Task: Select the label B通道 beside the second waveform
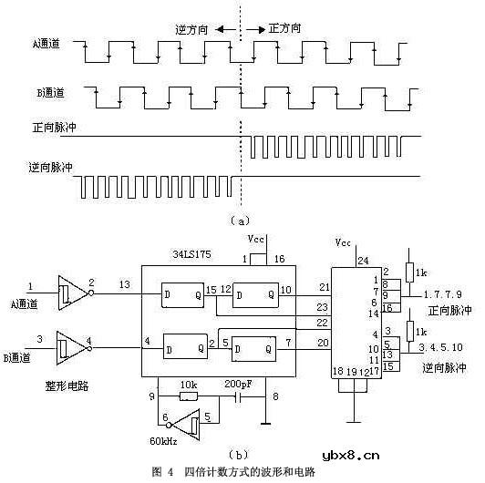click(43, 94)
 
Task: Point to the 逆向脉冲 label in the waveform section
click(51, 168)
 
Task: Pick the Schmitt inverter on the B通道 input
click(70, 344)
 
